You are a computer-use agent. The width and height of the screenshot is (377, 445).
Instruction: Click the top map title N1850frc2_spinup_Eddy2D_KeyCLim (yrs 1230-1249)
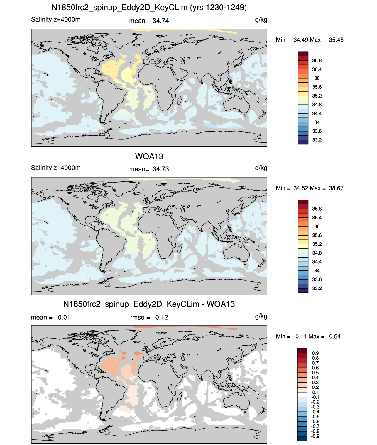[x=149, y=8]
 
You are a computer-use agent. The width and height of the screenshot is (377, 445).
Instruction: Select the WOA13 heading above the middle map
[x=149, y=156]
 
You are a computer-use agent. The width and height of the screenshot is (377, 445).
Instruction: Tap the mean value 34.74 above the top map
[x=160, y=21]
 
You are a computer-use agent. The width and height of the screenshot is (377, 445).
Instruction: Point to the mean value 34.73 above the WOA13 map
[x=160, y=169]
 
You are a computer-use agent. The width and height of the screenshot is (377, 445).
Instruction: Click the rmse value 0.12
[x=161, y=317]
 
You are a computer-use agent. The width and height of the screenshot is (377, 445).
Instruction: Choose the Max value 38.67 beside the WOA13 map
[x=336, y=188]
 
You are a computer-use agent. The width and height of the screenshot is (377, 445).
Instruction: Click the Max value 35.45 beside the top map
[x=336, y=40]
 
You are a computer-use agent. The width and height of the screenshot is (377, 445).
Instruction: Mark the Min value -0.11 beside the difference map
[x=300, y=337]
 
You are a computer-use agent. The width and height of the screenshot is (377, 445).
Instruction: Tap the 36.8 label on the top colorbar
[x=317, y=61]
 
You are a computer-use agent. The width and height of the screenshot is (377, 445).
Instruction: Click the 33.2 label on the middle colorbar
[x=317, y=288]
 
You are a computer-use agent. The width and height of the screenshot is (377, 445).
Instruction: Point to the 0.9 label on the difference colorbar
[x=315, y=353]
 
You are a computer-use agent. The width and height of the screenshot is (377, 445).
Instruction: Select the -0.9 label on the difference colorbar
[x=315, y=436]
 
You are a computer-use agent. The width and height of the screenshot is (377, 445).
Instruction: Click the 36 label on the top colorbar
[x=317, y=78]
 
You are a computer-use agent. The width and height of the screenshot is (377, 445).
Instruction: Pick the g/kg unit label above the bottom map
[x=261, y=316]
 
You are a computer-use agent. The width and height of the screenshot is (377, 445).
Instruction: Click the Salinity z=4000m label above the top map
[x=56, y=19]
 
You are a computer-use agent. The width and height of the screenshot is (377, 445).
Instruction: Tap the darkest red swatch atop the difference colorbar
[x=302, y=351]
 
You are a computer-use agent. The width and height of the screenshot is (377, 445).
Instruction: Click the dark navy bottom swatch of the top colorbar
[x=303, y=142]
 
